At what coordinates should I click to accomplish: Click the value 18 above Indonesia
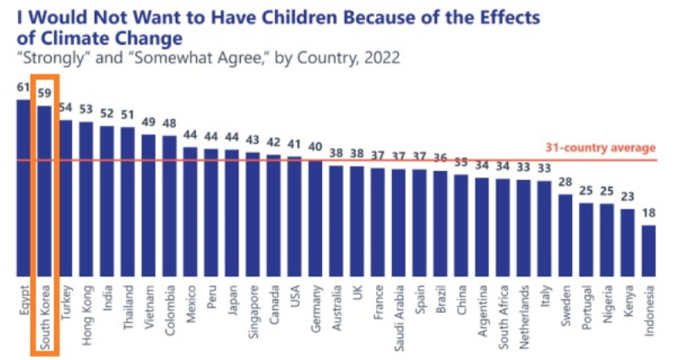[x=649, y=213]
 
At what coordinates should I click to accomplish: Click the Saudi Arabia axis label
[x=399, y=317]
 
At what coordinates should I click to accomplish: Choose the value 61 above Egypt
[x=24, y=87]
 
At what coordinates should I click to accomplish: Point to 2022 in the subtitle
[x=381, y=58]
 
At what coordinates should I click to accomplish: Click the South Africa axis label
[x=503, y=318]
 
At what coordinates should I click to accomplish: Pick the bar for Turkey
[x=66, y=198]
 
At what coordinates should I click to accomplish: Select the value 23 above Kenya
[x=628, y=197]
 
